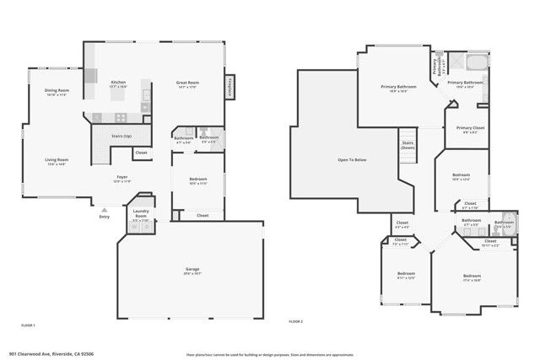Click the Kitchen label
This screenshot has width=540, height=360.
[118, 83]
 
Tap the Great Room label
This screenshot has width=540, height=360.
[186, 83]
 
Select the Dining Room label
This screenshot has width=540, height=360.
[57, 91]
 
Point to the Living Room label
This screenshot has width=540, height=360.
[57, 160]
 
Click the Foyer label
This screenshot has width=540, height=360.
[122, 177]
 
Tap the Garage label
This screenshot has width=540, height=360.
[192, 270]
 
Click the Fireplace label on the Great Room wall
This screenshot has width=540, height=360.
[228, 86]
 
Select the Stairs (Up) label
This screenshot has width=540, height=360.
[122, 136]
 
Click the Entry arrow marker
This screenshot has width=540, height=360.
[104, 209]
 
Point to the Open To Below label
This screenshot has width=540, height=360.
[351, 159]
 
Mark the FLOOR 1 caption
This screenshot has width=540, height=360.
[28, 324]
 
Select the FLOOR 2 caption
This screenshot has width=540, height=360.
[295, 322]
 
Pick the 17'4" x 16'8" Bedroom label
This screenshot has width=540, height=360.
[471, 278]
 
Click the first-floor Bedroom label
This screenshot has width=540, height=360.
[197, 180]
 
